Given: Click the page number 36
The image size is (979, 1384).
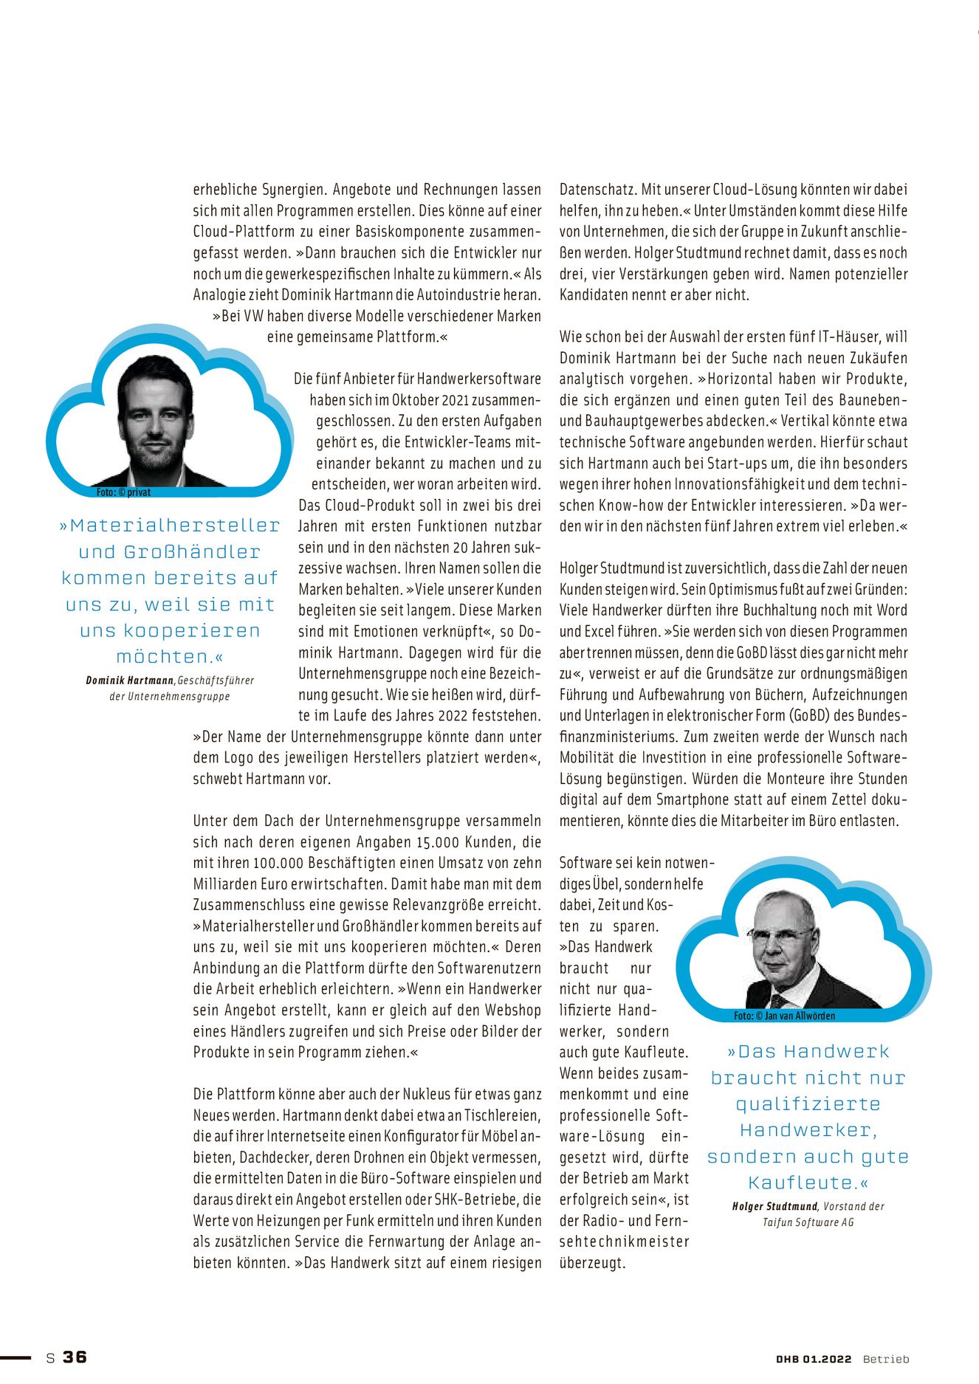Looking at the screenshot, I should [75, 1357].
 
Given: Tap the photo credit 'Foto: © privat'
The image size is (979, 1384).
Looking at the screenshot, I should [123, 492].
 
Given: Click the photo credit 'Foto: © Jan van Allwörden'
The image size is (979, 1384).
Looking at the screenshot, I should [784, 1016].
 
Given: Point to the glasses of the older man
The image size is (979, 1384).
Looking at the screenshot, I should [780, 934].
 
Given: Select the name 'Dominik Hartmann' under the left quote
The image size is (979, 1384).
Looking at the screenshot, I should [130, 680].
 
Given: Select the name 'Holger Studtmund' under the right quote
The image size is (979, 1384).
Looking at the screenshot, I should [774, 1206].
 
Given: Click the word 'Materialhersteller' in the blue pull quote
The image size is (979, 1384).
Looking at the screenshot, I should [174, 526].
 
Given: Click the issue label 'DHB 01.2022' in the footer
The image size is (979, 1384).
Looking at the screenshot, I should [814, 1359].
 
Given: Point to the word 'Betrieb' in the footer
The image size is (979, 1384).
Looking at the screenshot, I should [886, 1359].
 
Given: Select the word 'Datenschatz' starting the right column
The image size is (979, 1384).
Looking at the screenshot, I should [597, 189].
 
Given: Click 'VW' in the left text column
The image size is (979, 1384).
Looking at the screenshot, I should [253, 316].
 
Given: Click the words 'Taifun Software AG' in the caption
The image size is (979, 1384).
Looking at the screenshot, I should [808, 1222].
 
